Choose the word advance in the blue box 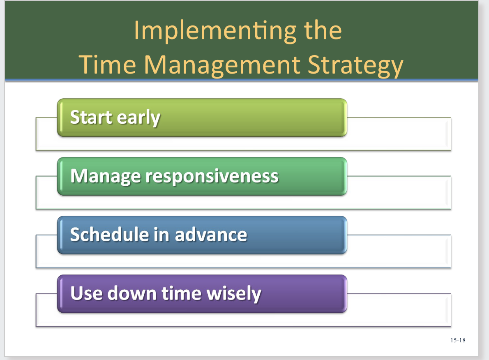[211, 235]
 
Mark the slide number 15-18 [458, 340]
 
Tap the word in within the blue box [161, 235]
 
